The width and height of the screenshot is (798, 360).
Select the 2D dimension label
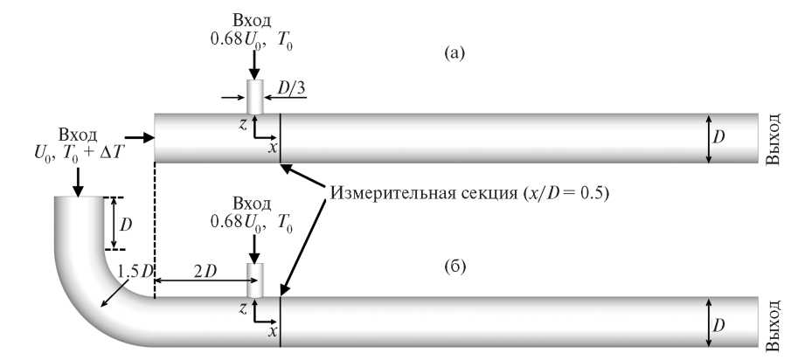pyautogui.click(x=204, y=271)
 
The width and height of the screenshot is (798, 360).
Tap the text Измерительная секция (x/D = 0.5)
pyautogui.click(x=468, y=191)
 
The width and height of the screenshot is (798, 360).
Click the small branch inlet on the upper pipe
pyautogui.click(x=254, y=95)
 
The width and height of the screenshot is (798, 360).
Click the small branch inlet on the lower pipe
pyautogui.click(x=254, y=280)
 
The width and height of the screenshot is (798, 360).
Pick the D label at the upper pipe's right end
pyautogui.click(x=719, y=137)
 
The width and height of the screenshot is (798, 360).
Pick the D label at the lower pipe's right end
pyautogui.click(x=719, y=325)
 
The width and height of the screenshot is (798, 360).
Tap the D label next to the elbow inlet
pyautogui.click(x=127, y=223)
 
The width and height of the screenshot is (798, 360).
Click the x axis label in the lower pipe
pyautogui.click(x=273, y=332)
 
